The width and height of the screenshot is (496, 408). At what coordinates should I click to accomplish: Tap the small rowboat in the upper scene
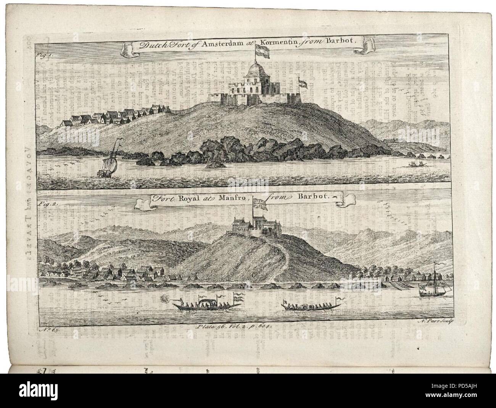pyautogui.click(x=415, y=164)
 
